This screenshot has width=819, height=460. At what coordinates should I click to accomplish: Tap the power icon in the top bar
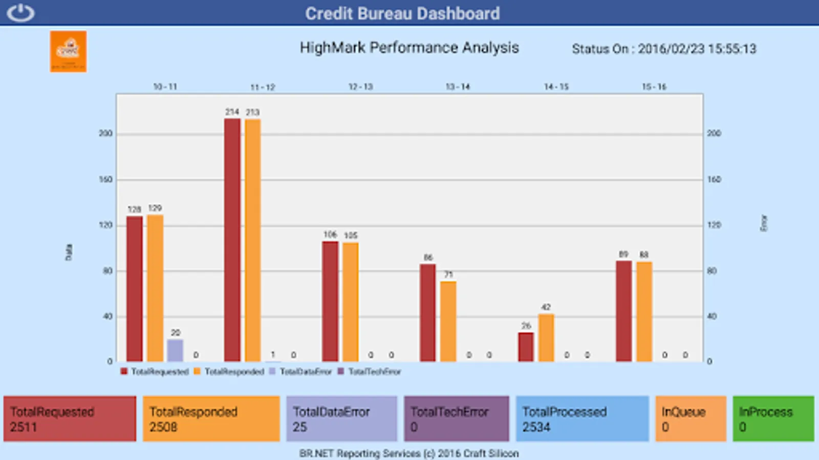(21, 13)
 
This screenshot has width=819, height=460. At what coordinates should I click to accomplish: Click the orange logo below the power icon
(68, 51)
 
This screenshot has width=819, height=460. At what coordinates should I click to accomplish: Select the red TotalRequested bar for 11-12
(232, 240)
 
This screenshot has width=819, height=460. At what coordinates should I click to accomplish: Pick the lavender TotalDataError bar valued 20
(175, 350)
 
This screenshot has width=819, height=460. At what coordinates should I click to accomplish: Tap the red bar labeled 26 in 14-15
(526, 347)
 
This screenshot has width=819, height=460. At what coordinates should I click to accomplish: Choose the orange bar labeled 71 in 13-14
(448, 321)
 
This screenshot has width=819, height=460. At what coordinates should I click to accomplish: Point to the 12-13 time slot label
(360, 87)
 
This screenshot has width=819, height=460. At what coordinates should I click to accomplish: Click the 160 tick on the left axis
(105, 179)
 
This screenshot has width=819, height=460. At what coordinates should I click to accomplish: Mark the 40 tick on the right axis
(712, 316)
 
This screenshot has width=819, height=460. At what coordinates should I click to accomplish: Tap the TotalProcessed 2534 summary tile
(582, 419)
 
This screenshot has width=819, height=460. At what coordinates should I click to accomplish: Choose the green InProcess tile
(773, 419)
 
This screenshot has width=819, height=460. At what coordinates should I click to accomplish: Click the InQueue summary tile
(691, 419)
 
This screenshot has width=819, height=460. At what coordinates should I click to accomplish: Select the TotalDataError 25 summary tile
(341, 419)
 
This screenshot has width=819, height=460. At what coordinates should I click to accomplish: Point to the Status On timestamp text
(664, 49)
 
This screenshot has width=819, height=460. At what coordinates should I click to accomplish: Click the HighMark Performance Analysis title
(409, 48)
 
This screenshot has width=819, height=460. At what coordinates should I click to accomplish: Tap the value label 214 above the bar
(232, 112)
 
